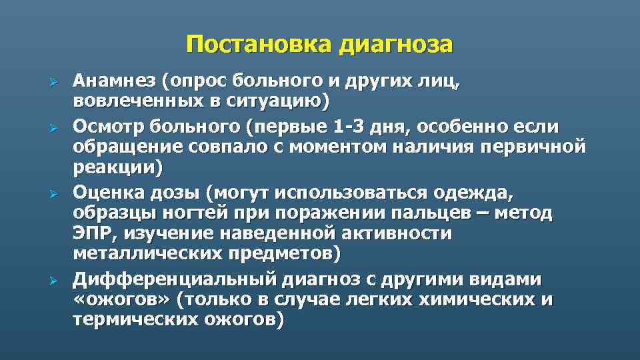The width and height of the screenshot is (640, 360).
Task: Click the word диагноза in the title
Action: coord(396,44)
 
